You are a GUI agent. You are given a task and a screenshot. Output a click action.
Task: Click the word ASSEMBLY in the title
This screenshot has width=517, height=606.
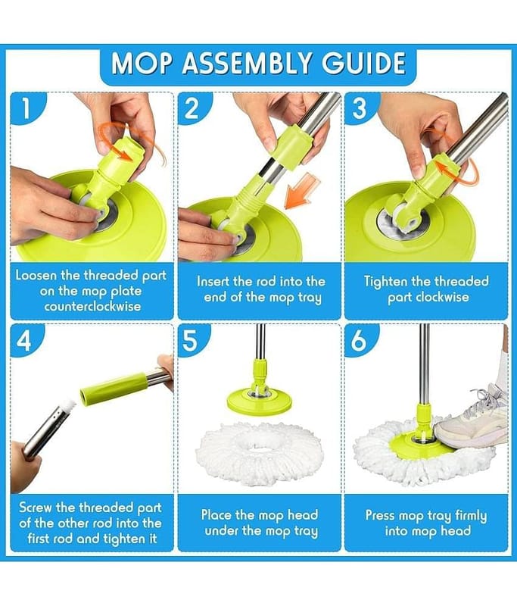pyautogui.click(x=246, y=64)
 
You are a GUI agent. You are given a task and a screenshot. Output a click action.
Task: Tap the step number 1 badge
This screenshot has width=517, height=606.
pyautogui.click(x=26, y=108)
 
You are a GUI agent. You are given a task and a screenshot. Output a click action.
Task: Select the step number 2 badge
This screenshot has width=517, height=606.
pyautogui.click(x=193, y=108)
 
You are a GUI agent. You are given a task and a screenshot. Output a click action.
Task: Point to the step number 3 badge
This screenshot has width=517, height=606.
pyautogui.click(x=359, y=108)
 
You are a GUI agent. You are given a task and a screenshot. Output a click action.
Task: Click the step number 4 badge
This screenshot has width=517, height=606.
pyautogui.click(x=25, y=341)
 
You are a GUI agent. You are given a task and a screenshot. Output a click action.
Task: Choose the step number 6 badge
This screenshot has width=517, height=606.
pyautogui.click(x=359, y=341)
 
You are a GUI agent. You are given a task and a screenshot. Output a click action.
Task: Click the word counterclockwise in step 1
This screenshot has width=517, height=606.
pyautogui.click(x=92, y=307)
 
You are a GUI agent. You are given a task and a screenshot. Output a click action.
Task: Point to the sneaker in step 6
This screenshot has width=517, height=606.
pyautogui.click(x=472, y=420)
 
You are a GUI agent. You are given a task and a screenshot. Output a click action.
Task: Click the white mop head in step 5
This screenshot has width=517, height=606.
pyautogui.click(x=259, y=454)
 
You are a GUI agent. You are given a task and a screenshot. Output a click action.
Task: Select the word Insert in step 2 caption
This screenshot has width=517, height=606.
pyautogui.click(x=213, y=281)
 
